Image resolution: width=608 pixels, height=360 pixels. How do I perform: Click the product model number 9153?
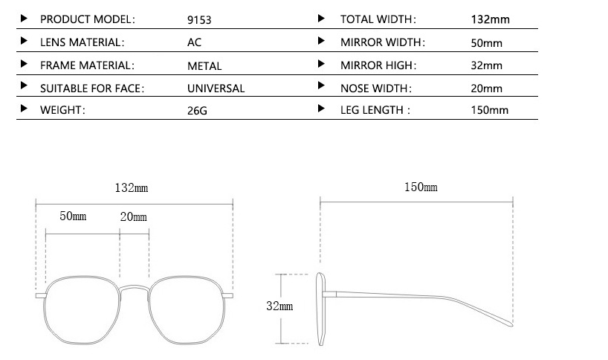tap(199, 20)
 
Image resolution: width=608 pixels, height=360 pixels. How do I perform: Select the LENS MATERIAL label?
tap(83, 42)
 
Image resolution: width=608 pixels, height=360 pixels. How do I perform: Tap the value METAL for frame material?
tap(204, 66)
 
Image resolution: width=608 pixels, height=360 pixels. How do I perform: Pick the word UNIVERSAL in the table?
tap(216, 89)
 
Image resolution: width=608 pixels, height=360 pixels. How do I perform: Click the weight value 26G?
tap(197, 111)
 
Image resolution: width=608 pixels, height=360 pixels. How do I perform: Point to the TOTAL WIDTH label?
tap(378, 19)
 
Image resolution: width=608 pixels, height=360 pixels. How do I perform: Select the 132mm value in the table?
tap(490, 19)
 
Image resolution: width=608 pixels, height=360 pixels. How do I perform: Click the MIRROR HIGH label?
tap(378, 65)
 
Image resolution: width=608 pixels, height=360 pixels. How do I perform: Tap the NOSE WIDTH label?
tap(376, 89)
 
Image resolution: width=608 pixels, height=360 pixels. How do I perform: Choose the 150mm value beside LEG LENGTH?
tap(489, 110)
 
